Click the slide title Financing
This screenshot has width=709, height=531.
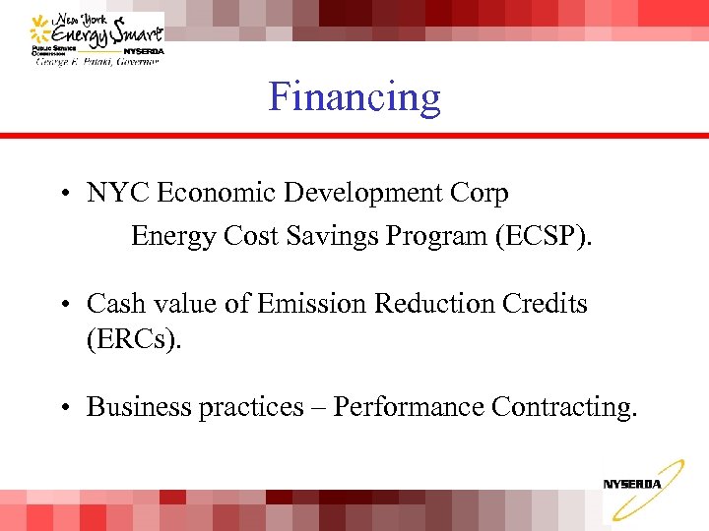tap(354, 97)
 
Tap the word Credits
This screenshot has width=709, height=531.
tap(548, 304)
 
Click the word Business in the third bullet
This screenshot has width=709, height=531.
tap(139, 406)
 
